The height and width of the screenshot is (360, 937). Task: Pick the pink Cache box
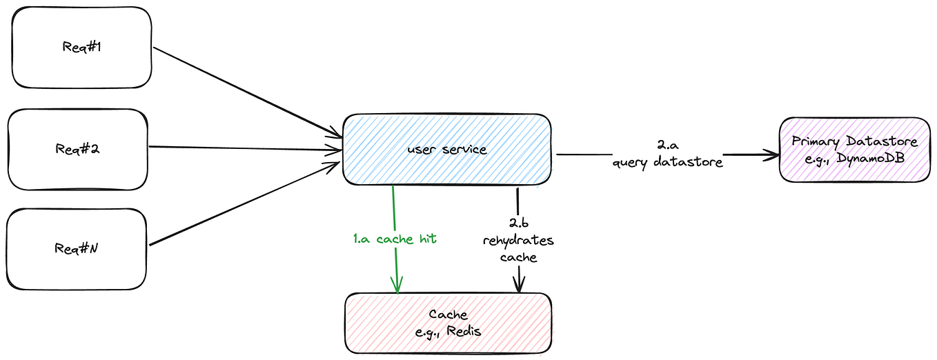click(x=448, y=322)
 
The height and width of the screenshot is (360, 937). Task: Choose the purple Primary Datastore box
click(x=854, y=149)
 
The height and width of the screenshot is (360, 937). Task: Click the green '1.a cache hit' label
click(x=395, y=239)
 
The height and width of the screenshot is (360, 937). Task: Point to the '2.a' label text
click(x=667, y=146)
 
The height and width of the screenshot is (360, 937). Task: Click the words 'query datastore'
click(x=667, y=163)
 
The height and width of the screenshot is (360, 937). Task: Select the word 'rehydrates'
click(x=518, y=241)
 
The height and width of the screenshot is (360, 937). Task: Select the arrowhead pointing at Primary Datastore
click(x=769, y=155)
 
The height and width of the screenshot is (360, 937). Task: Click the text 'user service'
click(x=446, y=149)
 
